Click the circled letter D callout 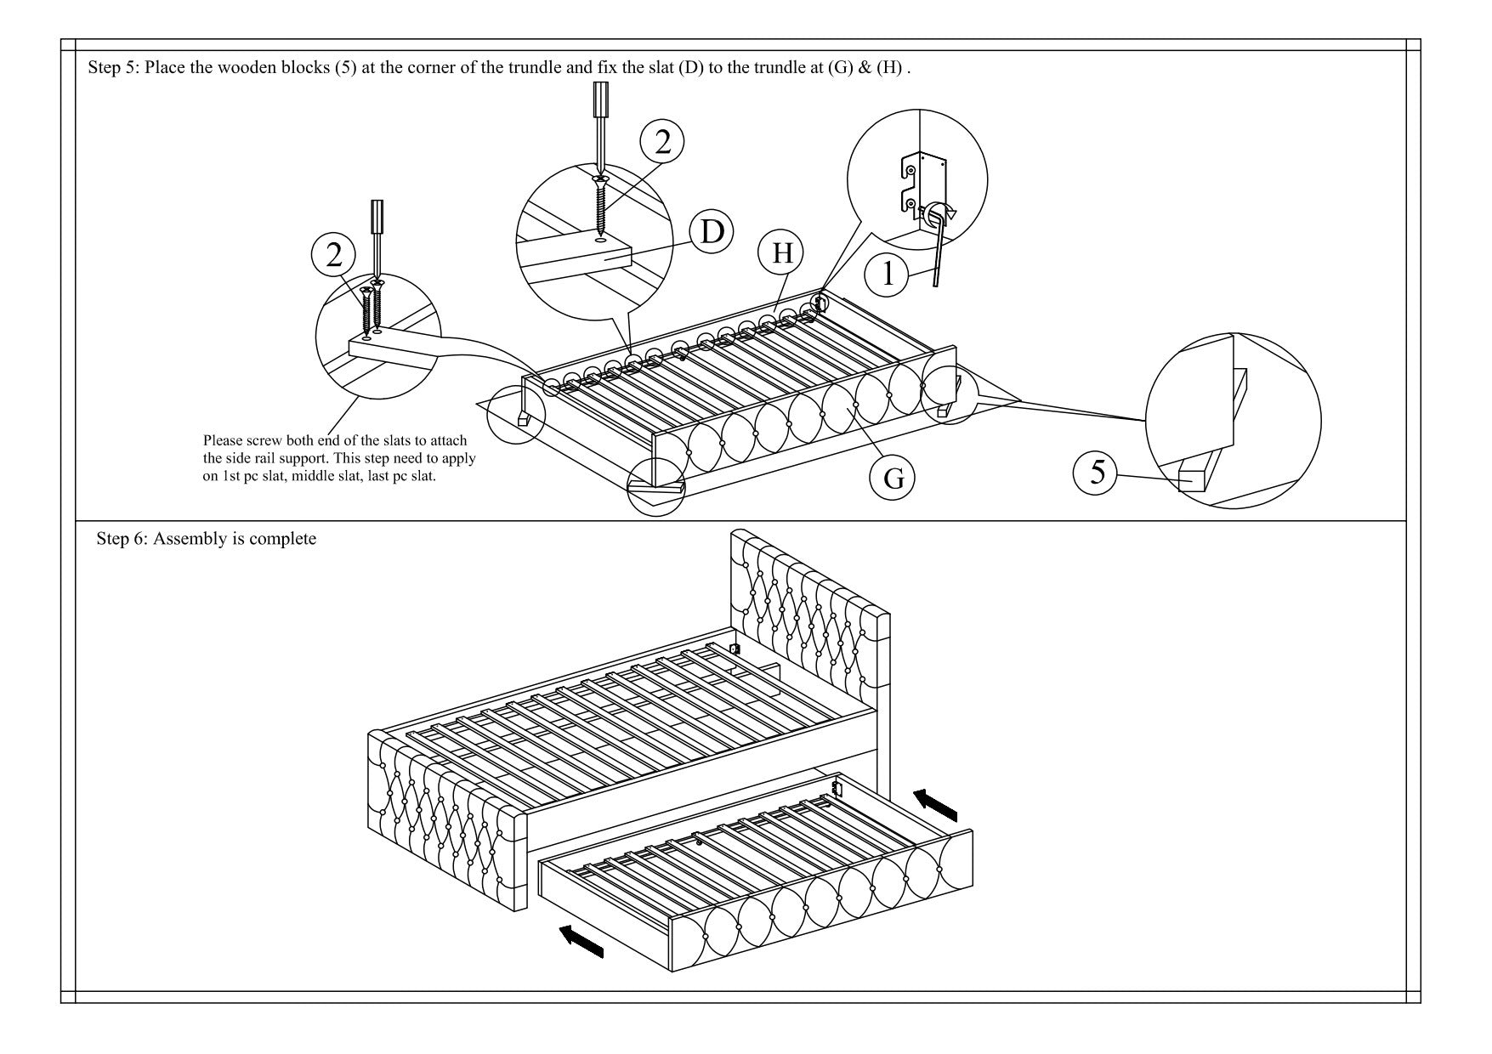click(712, 234)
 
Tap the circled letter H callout click(781, 252)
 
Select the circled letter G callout click(893, 478)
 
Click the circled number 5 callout click(1098, 472)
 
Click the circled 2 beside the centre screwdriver click(661, 142)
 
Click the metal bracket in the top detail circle click(922, 181)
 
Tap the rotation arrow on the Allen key click(943, 210)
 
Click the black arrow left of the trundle click(581, 941)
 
